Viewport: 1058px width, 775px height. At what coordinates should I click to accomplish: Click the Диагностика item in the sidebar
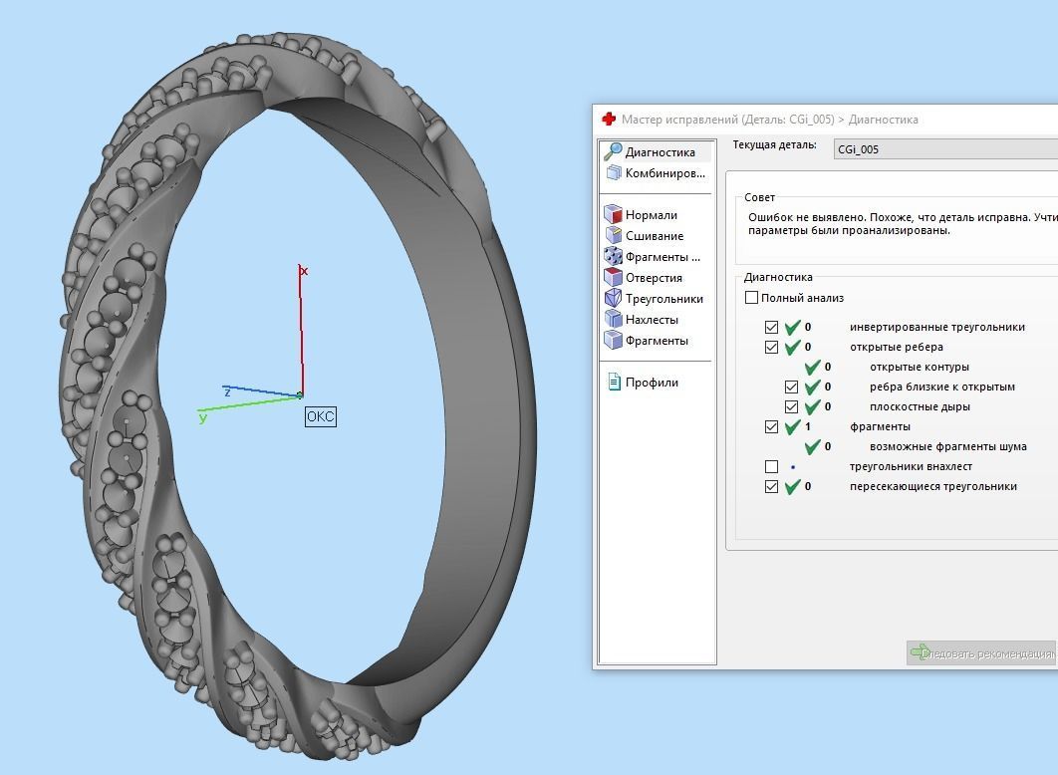tap(659, 152)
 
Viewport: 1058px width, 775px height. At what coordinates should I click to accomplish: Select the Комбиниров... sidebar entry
tap(663, 173)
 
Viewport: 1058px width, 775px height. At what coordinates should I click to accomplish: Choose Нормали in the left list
tap(651, 215)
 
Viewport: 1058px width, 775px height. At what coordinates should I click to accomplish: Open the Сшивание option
tap(654, 236)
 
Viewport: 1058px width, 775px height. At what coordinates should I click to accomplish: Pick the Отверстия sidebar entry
tap(653, 278)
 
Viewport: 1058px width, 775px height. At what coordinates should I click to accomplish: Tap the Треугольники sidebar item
tap(663, 299)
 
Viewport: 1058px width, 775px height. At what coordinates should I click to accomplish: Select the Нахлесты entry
tap(652, 320)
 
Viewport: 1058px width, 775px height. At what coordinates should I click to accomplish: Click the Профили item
tap(652, 383)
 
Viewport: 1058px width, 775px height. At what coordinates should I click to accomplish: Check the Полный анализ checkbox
tap(752, 298)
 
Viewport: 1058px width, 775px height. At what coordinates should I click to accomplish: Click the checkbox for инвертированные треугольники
tap(772, 327)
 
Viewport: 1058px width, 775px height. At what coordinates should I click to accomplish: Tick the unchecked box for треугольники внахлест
tap(772, 466)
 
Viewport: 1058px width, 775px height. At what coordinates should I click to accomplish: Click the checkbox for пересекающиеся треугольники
tap(772, 486)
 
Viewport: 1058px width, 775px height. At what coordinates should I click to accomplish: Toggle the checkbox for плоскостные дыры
tap(792, 406)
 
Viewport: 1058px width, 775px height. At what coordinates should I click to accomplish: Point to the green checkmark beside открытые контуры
tap(812, 368)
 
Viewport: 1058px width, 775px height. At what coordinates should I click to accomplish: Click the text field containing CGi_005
tap(944, 149)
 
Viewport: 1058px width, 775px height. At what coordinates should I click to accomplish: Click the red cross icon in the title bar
tap(609, 120)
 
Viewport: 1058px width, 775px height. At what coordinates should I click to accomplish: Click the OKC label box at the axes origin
tap(320, 416)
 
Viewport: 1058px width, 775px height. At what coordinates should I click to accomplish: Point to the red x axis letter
tap(305, 271)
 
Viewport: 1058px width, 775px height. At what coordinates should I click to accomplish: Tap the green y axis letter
tap(203, 418)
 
